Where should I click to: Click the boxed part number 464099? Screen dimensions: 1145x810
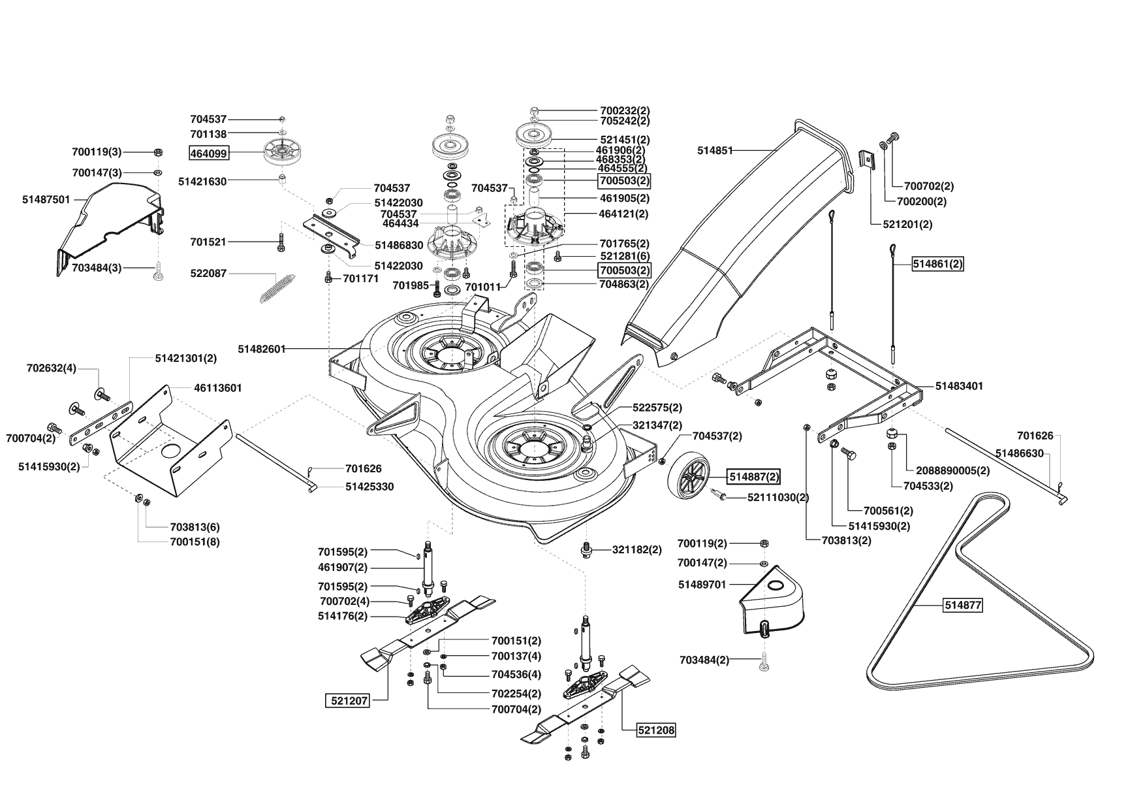click(x=208, y=154)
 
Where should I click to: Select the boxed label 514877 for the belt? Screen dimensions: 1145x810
click(x=963, y=606)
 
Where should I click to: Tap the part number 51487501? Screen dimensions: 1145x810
click(x=46, y=199)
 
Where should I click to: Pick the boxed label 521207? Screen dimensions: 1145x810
click(x=347, y=701)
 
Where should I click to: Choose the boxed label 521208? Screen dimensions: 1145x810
click(x=657, y=730)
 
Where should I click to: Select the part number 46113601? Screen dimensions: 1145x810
click(x=218, y=388)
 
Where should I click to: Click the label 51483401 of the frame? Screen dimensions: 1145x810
click(x=959, y=386)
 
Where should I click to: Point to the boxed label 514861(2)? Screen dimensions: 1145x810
click(x=937, y=264)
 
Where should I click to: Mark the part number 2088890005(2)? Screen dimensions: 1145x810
click(x=953, y=470)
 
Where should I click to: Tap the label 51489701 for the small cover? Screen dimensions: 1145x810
click(x=702, y=585)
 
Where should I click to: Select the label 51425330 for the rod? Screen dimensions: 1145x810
click(x=369, y=487)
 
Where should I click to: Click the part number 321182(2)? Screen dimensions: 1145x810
click(x=637, y=550)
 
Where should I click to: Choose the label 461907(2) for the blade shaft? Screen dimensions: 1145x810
click(x=343, y=567)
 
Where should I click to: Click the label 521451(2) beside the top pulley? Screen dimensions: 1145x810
click(x=625, y=140)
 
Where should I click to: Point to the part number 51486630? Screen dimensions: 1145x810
click(x=1019, y=453)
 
